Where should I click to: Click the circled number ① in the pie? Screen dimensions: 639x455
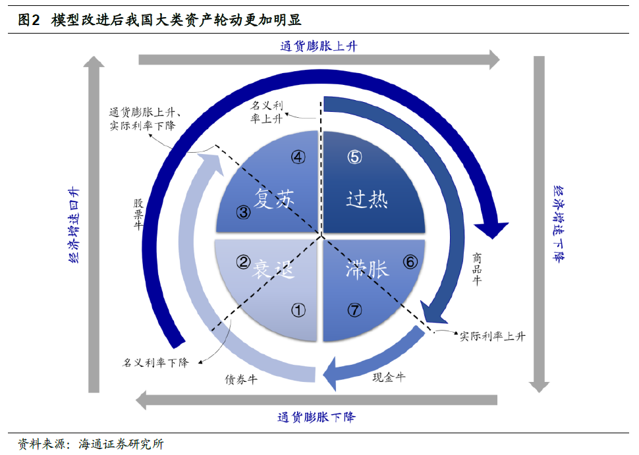(298, 310)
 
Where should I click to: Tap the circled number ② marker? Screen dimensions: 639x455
(243, 262)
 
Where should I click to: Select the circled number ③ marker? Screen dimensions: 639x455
(243, 212)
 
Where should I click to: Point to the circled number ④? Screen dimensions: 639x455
(298, 157)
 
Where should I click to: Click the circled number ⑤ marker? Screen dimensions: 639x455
(354, 157)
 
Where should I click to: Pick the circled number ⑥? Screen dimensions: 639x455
(410, 262)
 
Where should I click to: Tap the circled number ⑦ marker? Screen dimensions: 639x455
(354, 310)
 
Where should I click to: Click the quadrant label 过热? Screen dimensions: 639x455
(367, 200)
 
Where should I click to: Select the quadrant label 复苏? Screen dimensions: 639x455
(274, 199)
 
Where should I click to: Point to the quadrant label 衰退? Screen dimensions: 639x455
(273, 269)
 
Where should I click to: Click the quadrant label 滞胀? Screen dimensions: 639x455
(367, 269)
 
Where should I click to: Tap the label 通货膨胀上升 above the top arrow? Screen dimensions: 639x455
(319, 46)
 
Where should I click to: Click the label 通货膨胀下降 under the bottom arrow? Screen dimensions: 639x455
(316, 417)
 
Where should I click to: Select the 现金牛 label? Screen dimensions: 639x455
(389, 377)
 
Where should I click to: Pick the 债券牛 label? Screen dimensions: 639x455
(241, 380)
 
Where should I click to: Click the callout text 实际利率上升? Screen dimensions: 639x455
(493, 336)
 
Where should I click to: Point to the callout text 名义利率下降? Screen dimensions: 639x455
(155, 363)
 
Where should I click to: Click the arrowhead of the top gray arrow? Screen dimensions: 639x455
(494, 60)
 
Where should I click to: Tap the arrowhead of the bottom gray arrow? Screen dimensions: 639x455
(141, 400)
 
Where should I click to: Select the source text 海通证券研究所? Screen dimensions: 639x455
(121, 444)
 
